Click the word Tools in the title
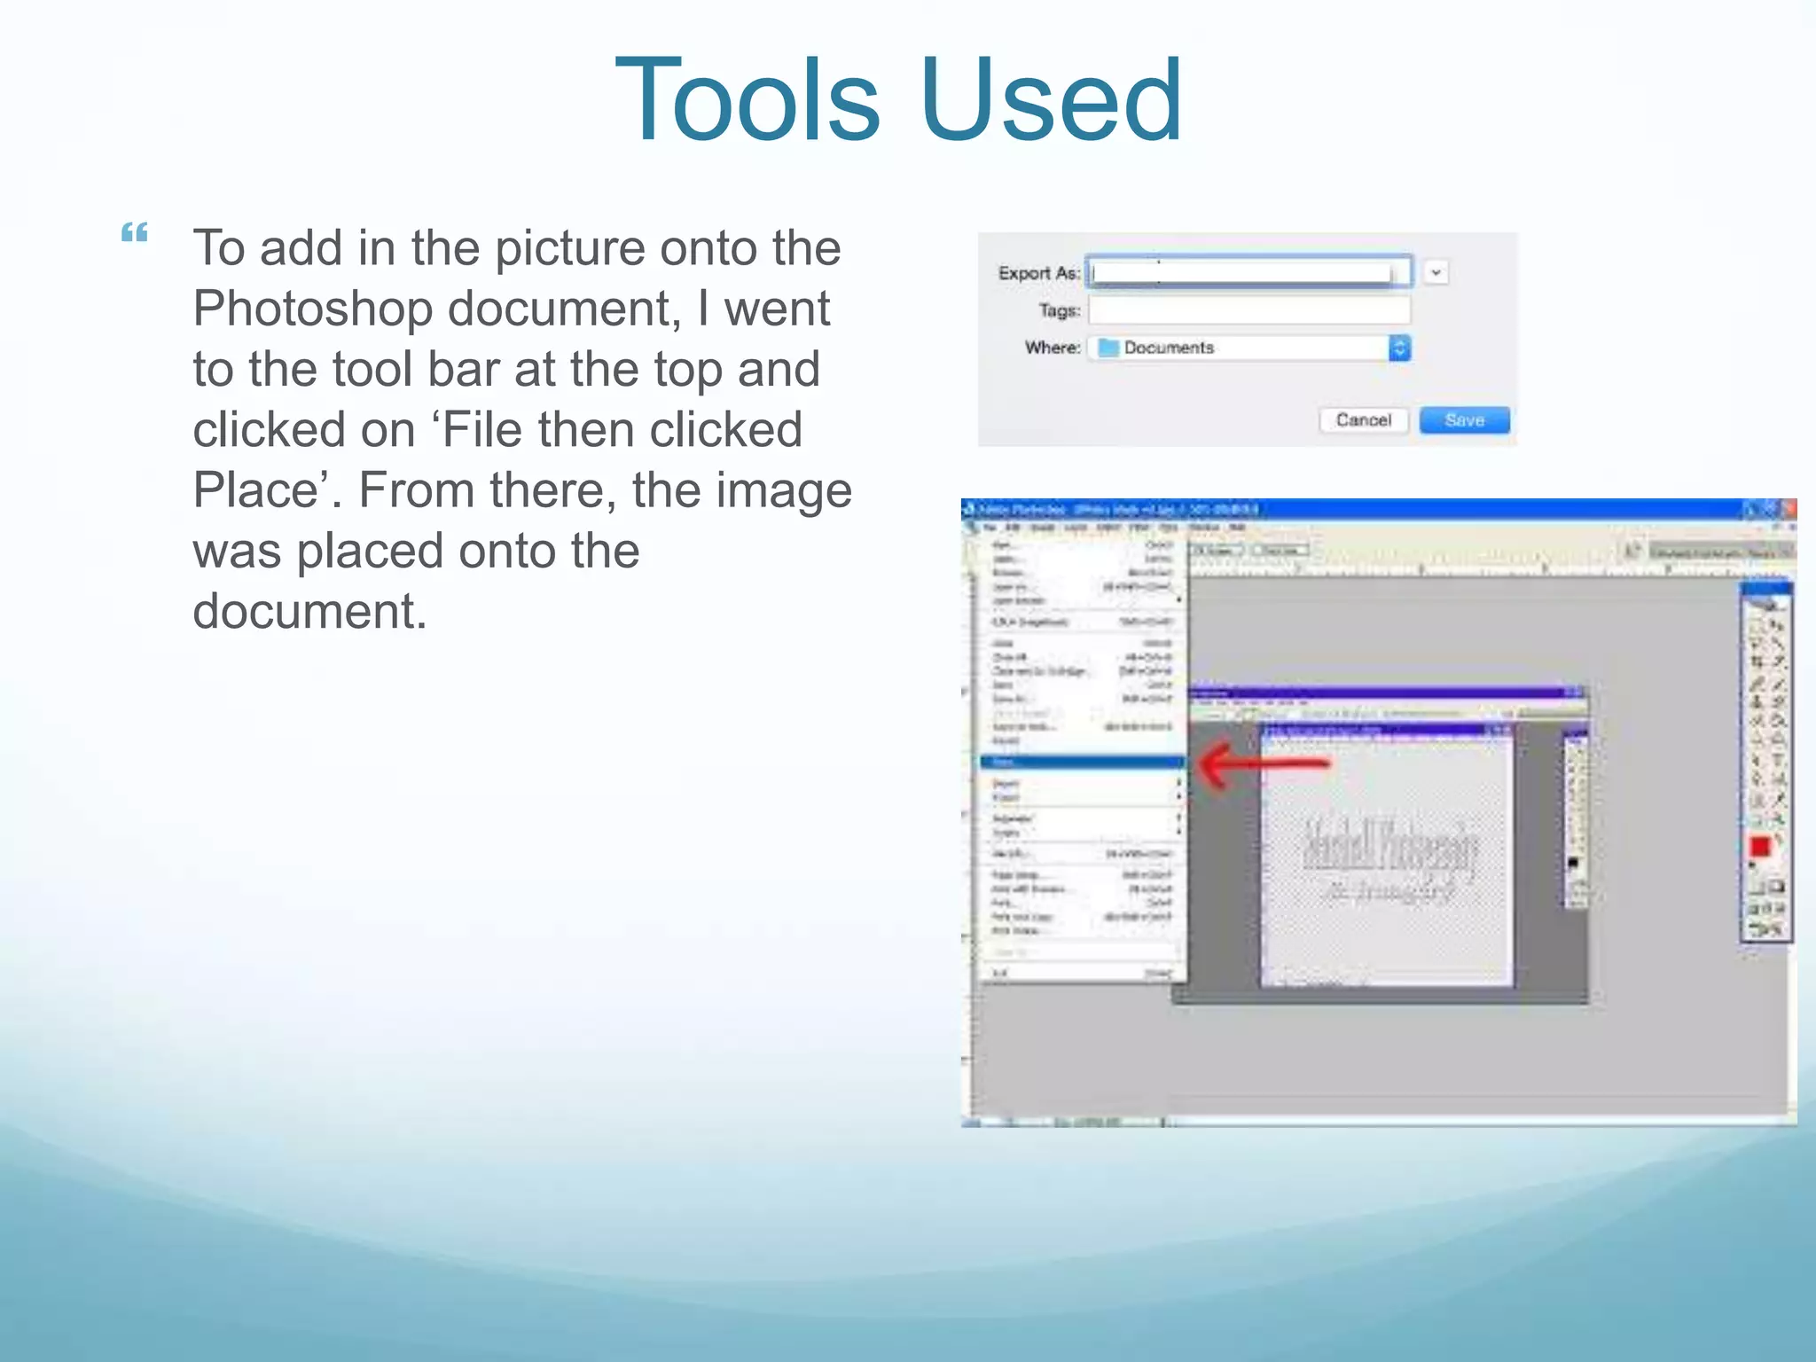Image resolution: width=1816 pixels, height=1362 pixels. coord(747,99)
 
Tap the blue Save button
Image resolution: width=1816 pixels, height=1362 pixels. coord(1464,419)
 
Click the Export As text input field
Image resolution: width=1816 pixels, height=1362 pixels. coord(1248,272)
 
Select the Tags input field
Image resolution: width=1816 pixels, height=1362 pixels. coord(1248,310)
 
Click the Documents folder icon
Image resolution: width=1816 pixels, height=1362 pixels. coord(1108,348)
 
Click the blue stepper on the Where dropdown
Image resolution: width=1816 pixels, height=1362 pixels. coord(1399,348)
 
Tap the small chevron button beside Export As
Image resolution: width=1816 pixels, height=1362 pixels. coord(1436,272)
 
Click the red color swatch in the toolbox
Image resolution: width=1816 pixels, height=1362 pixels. coord(1760,847)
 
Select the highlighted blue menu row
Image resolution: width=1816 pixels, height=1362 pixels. coord(1082,762)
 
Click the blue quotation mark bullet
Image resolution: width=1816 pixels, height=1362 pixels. coord(135,233)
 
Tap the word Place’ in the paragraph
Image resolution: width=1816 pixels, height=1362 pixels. coord(268,490)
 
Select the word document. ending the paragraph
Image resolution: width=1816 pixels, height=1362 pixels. coord(309,612)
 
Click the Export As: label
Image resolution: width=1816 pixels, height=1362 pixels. coord(1038,273)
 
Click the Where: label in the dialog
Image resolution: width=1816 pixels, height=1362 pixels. coord(1053,348)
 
